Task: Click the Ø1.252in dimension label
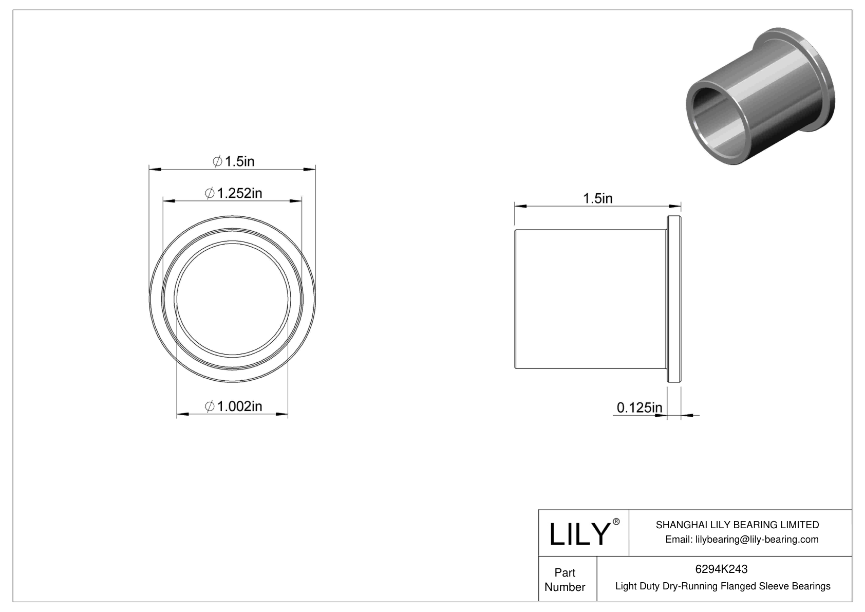point(234,193)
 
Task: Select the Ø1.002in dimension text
point(234,406)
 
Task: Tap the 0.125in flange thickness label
point(639,408)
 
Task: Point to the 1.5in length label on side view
point(597,198)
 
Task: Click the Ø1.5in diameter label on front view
point(234,161)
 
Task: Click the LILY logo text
point(579,534)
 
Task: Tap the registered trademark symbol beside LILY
point(616,522)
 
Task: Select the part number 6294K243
point(721,569)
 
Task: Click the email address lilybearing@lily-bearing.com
point(742,539)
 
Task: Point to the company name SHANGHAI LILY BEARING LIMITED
point(737,525)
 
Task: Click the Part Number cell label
point(565,580)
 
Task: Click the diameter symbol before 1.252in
point(209,194)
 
